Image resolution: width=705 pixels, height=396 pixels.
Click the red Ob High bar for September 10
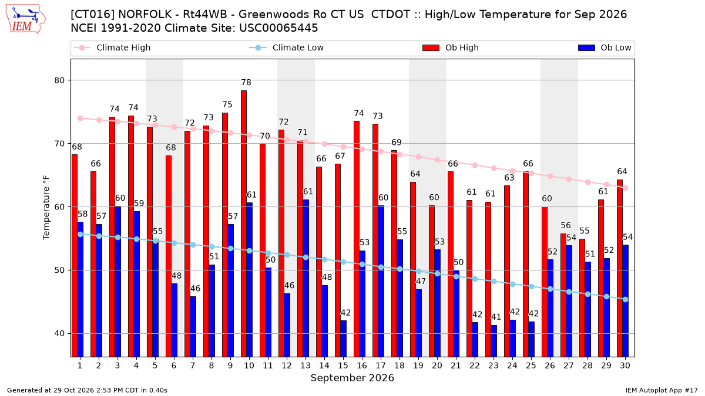coord(244,224)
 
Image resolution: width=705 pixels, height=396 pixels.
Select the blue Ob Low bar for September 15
coord(343,339)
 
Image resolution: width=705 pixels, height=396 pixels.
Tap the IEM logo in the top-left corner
coord(25,19)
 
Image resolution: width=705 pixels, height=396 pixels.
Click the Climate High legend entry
coord(112,48)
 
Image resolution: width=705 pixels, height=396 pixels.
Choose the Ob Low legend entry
coord(605,48)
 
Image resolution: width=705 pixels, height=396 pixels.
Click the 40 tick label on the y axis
coord(59,333)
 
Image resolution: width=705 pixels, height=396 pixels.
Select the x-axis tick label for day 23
coord(493,366)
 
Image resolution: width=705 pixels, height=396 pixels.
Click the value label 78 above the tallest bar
coord(246,82)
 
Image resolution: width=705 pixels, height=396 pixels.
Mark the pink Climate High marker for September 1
coord(80,118)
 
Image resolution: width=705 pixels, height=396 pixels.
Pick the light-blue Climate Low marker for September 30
coord(625,300)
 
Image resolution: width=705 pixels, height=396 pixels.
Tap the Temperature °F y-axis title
coord(46,208)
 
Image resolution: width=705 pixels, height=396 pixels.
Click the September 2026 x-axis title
coord(352,378)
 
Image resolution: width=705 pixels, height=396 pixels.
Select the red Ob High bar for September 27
coord(563,296)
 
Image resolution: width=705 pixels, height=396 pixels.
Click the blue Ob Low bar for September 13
coord(305,279)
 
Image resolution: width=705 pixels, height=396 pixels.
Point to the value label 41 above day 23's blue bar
coord(496,317)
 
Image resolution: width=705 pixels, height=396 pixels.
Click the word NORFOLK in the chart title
coord(145,15)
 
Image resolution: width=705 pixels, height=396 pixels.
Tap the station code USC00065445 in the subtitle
coord(278,28)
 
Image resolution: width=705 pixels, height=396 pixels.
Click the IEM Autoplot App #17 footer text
coord(662,390)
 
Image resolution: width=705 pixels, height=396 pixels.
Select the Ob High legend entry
coord(451,48)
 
